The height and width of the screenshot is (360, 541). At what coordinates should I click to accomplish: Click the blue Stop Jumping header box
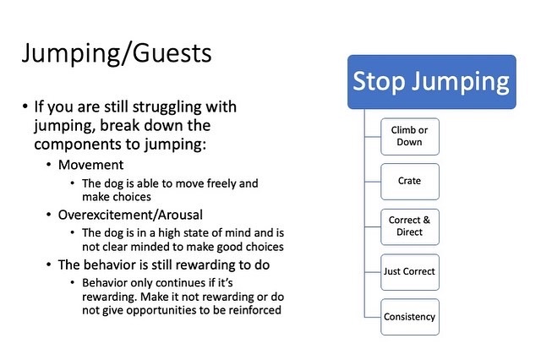[x=432, y=82]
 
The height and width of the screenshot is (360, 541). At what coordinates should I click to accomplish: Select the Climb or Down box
[x=410, y=137]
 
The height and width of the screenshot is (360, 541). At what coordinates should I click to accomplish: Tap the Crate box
[x=410, y=182]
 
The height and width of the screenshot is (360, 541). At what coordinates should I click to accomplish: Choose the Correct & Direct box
[x=410, y=226]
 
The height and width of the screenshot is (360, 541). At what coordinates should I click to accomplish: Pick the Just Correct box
[x=410, y=272]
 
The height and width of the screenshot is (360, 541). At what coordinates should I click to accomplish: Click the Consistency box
[x=410, y=317]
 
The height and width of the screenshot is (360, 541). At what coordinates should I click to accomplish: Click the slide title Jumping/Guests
[x=117, y=54]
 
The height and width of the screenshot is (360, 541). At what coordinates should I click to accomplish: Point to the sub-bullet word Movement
[x=90, y=165]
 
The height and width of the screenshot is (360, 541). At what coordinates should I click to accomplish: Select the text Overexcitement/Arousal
[x=130, y=215]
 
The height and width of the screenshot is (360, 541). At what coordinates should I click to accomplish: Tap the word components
[x=79, y=145]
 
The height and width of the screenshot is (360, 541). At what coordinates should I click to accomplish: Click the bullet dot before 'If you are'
[x=25, y=106]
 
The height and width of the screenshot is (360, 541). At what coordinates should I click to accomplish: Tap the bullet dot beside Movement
[x=49, y=165]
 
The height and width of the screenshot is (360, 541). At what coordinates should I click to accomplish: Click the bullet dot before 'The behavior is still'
[x=49, y=265]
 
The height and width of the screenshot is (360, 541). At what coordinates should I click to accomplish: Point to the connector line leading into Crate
[x=373, y=182]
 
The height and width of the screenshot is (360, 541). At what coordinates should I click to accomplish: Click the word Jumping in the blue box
[x=461, y=83]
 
